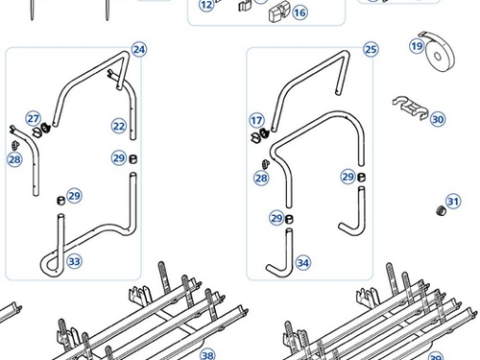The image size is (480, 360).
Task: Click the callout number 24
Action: (x=139, y=50)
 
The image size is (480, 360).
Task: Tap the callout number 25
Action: (x=371, y=50)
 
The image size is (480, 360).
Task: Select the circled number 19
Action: (x=417, y=46)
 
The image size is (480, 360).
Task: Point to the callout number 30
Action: (x=438, y=119)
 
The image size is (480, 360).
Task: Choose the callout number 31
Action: (x=453, y=202)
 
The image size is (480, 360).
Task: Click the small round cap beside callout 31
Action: (x=442, y=211)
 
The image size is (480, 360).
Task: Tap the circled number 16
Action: (x=300, y=12)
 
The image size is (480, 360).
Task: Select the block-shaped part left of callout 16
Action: (x=277, y=13)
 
